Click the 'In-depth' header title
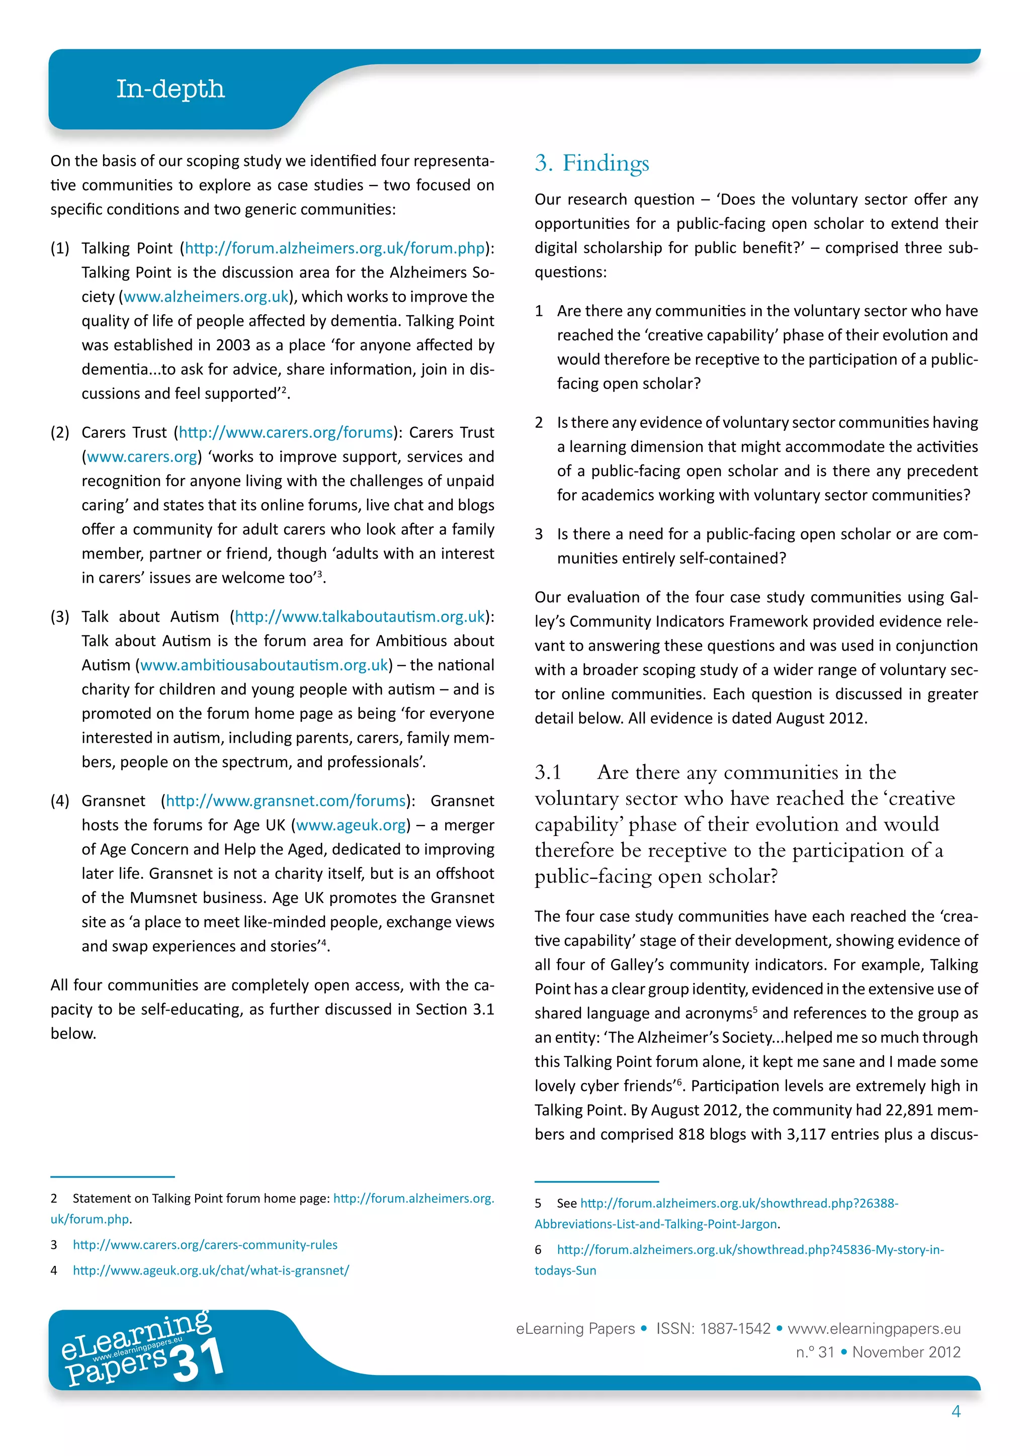(x=170, y=89)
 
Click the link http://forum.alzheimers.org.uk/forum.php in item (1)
(x=334, y=248)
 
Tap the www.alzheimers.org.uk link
(x=206, y=297)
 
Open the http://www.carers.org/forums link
(x=285, y=432)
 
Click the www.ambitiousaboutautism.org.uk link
(x=264, y=665)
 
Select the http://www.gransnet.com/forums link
(x=285, y=801)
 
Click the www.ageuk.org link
(x=351, y=825)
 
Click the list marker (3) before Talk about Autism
(x=60, y=617)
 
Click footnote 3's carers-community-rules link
(x=205, y=1245)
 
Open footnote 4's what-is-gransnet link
(x=211, y=1270)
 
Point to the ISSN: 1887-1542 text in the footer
(x=713, y=1328)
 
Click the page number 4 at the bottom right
(x=956, y=1411)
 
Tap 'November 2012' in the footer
(x=906, y=1352)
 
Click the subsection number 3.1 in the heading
(x=548, y=772)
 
